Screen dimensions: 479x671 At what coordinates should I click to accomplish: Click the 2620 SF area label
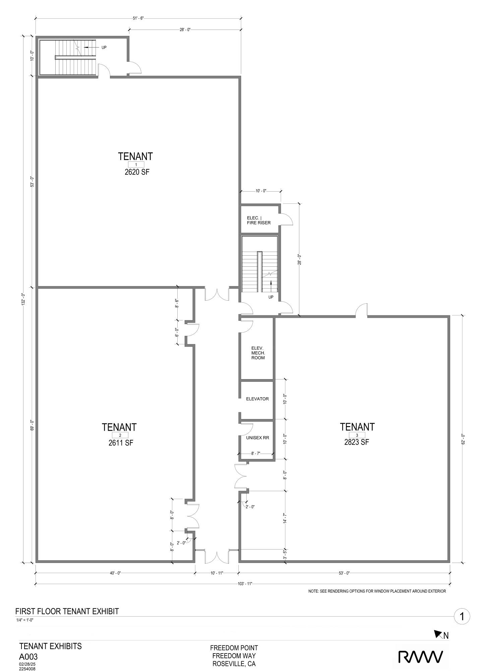(x=136, y=172)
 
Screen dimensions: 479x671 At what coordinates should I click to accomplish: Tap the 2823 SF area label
(x=357, y=442)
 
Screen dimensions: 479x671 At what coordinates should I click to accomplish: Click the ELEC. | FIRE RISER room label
(x=258, y=220)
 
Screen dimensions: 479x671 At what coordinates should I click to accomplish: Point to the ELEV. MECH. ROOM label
(x=258, y=353)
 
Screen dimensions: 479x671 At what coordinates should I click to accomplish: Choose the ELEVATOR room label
(x=257, y=399)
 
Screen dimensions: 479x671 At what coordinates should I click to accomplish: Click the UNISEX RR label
(x=257, y=438)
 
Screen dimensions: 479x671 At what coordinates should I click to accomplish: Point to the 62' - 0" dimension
(x=463, y=440)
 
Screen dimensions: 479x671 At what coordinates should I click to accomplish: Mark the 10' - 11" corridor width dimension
(x=216, y=573)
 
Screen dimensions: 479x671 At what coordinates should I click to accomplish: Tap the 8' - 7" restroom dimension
(x=256, y=453)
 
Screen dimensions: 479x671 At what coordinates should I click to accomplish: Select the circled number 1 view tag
(x=462, y=616)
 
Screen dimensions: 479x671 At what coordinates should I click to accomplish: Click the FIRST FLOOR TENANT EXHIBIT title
(x=67, y=611)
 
